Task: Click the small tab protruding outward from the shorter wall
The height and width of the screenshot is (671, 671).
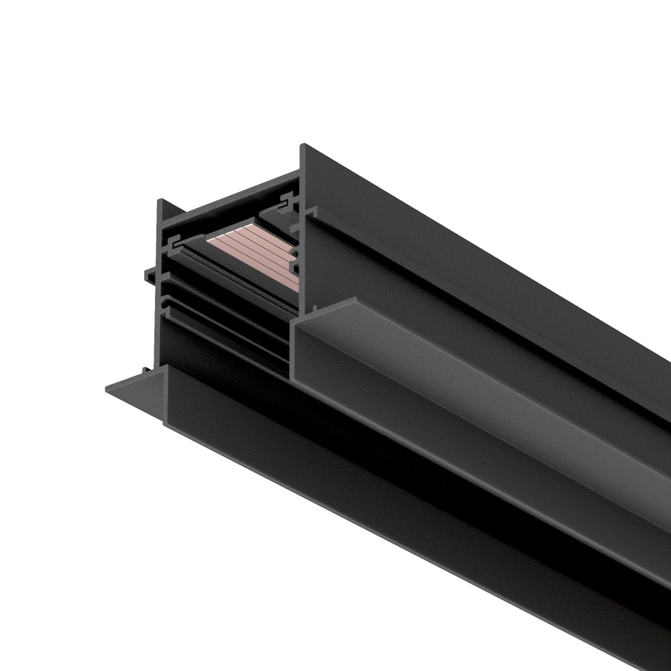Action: click(149, 273)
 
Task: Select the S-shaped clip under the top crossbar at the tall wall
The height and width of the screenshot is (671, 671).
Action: click(289, 199)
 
